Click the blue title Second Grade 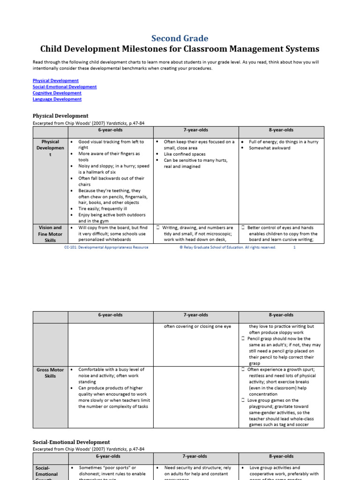(180, 38)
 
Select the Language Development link (57, 99)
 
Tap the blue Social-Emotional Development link (65, 87)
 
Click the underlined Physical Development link (55, 81)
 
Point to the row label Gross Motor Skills (50, 373)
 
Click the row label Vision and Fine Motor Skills (50, 233)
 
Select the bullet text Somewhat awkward (270, 148)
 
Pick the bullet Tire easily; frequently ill (102, 209)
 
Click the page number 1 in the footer (294, 247)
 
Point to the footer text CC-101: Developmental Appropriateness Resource (106, 247)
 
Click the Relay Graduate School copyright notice (228, 247)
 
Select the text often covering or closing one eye (197, 326)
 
